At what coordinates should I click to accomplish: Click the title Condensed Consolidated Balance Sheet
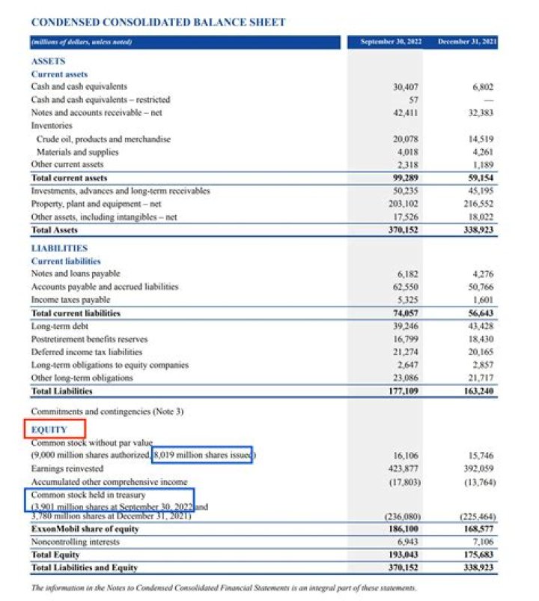(x=158, y=22)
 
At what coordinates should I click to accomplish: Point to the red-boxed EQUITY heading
(x=54, y=429)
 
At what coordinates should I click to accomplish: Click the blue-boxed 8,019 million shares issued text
(x=202, y=455)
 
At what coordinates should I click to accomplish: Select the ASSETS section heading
(x=48, y=61)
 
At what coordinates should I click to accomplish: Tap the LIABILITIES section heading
(x=59, y=248)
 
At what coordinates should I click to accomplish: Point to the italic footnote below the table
(x=224, y=588)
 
